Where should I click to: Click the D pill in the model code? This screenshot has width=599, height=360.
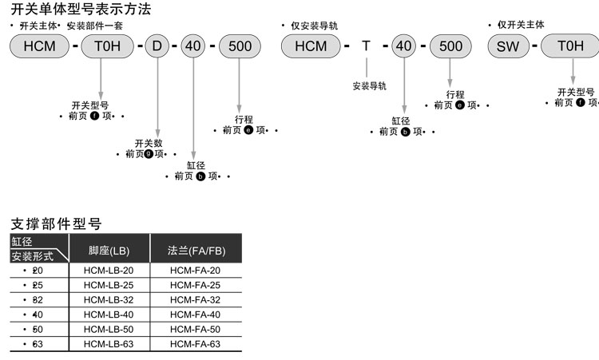pos(157,45)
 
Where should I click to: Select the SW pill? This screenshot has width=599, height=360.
pos(508,45)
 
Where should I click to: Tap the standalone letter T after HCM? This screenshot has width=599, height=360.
pos(366,45)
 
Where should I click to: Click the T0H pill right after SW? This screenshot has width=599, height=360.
pos(570,45)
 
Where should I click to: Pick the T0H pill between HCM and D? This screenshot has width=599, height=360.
pos(107,45)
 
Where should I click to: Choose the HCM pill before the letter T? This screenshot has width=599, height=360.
pos(311,45)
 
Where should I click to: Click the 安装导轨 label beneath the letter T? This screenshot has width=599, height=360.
pos(369,85)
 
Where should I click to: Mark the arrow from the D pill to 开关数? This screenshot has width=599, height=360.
pos(157,96)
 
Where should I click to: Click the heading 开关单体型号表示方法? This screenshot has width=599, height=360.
pos(81,10)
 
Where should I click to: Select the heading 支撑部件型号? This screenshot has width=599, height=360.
pos(58,224)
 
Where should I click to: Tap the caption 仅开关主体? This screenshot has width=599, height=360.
pos(520,26)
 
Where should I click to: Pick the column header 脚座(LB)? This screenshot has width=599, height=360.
pos(109,251)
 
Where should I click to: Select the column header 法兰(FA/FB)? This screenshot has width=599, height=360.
pos(196,251)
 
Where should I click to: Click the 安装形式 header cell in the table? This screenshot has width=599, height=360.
pos(33,256)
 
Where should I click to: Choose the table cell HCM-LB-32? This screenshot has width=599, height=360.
pos(109,299)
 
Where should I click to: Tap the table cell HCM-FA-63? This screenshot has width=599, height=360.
pos(196,344)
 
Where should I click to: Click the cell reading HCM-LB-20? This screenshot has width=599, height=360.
pos(109,271)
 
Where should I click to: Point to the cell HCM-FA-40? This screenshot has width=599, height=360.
pos(196,315)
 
